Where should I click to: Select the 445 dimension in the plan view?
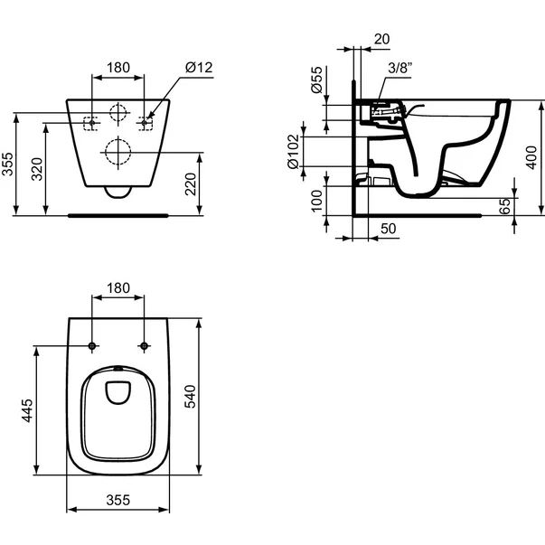[x=27, y=412]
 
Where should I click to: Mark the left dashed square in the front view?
[x=91, y=122]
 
